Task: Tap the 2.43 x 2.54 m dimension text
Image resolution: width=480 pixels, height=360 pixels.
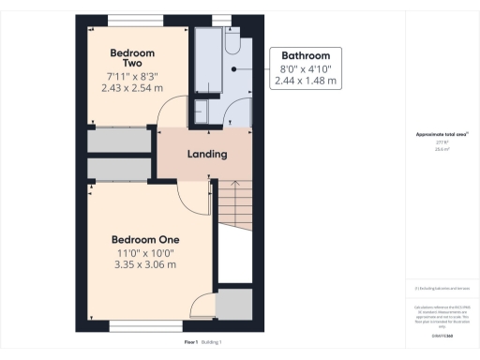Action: pyautogui.click(x=132, y=87)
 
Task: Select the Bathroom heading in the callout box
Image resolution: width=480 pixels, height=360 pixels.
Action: pyautogui.click(x=306, y=55)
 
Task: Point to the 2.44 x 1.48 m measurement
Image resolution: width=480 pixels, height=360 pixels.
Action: pyautogui.click(x=306, y=82)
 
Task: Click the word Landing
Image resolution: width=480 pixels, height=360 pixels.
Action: pyautogui.click(x=206, y=155)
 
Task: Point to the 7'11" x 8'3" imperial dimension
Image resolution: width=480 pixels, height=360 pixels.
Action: pyautogui.click(x=132, y=75)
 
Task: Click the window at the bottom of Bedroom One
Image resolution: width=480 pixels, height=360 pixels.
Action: pyautogui.click(x=144, y=327)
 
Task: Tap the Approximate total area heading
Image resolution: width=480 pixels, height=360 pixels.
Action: pyautogui.click(x=436, y=134)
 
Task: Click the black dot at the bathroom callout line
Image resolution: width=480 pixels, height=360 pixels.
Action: pyautogui.click(x=233, y=68)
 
